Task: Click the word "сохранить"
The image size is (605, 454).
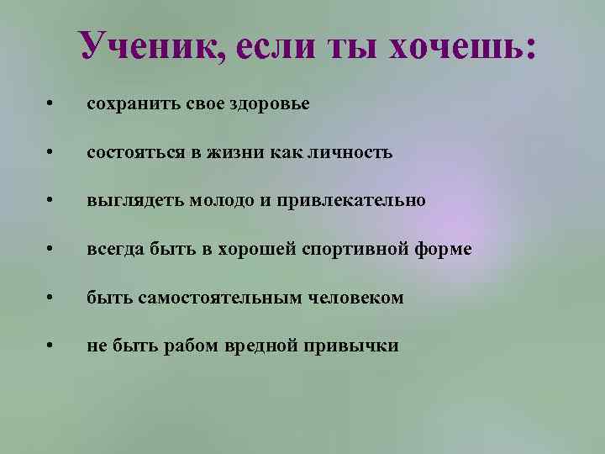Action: (x=128, y=104)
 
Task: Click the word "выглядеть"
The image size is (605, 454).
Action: (x=134, y=202)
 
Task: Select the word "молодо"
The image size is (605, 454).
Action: (x=218, y=202)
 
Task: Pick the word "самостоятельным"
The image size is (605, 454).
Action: (x=204, y=298)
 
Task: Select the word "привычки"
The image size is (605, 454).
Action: (x=356, y=346)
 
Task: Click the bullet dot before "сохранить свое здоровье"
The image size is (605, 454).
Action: (x=51, y=105)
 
